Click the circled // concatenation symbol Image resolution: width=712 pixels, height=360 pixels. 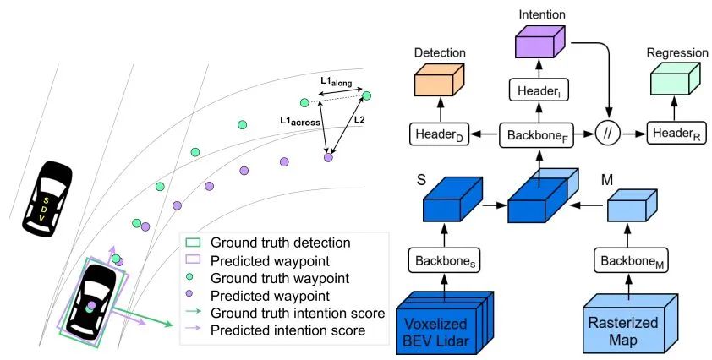click(x=608, y=134)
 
